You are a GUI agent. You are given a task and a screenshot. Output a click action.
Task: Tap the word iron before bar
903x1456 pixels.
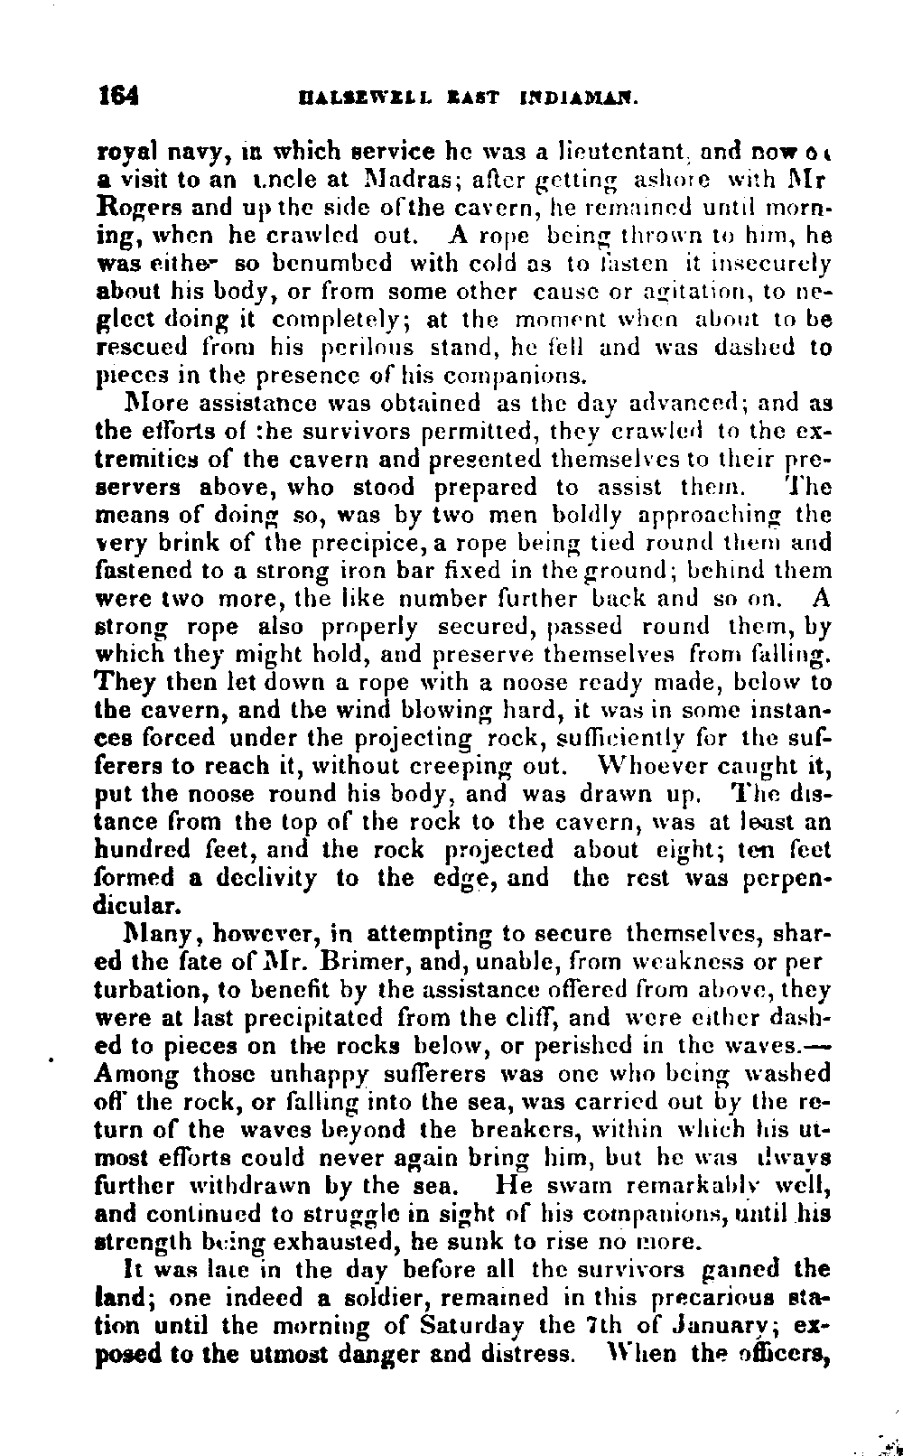click(360, 570)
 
